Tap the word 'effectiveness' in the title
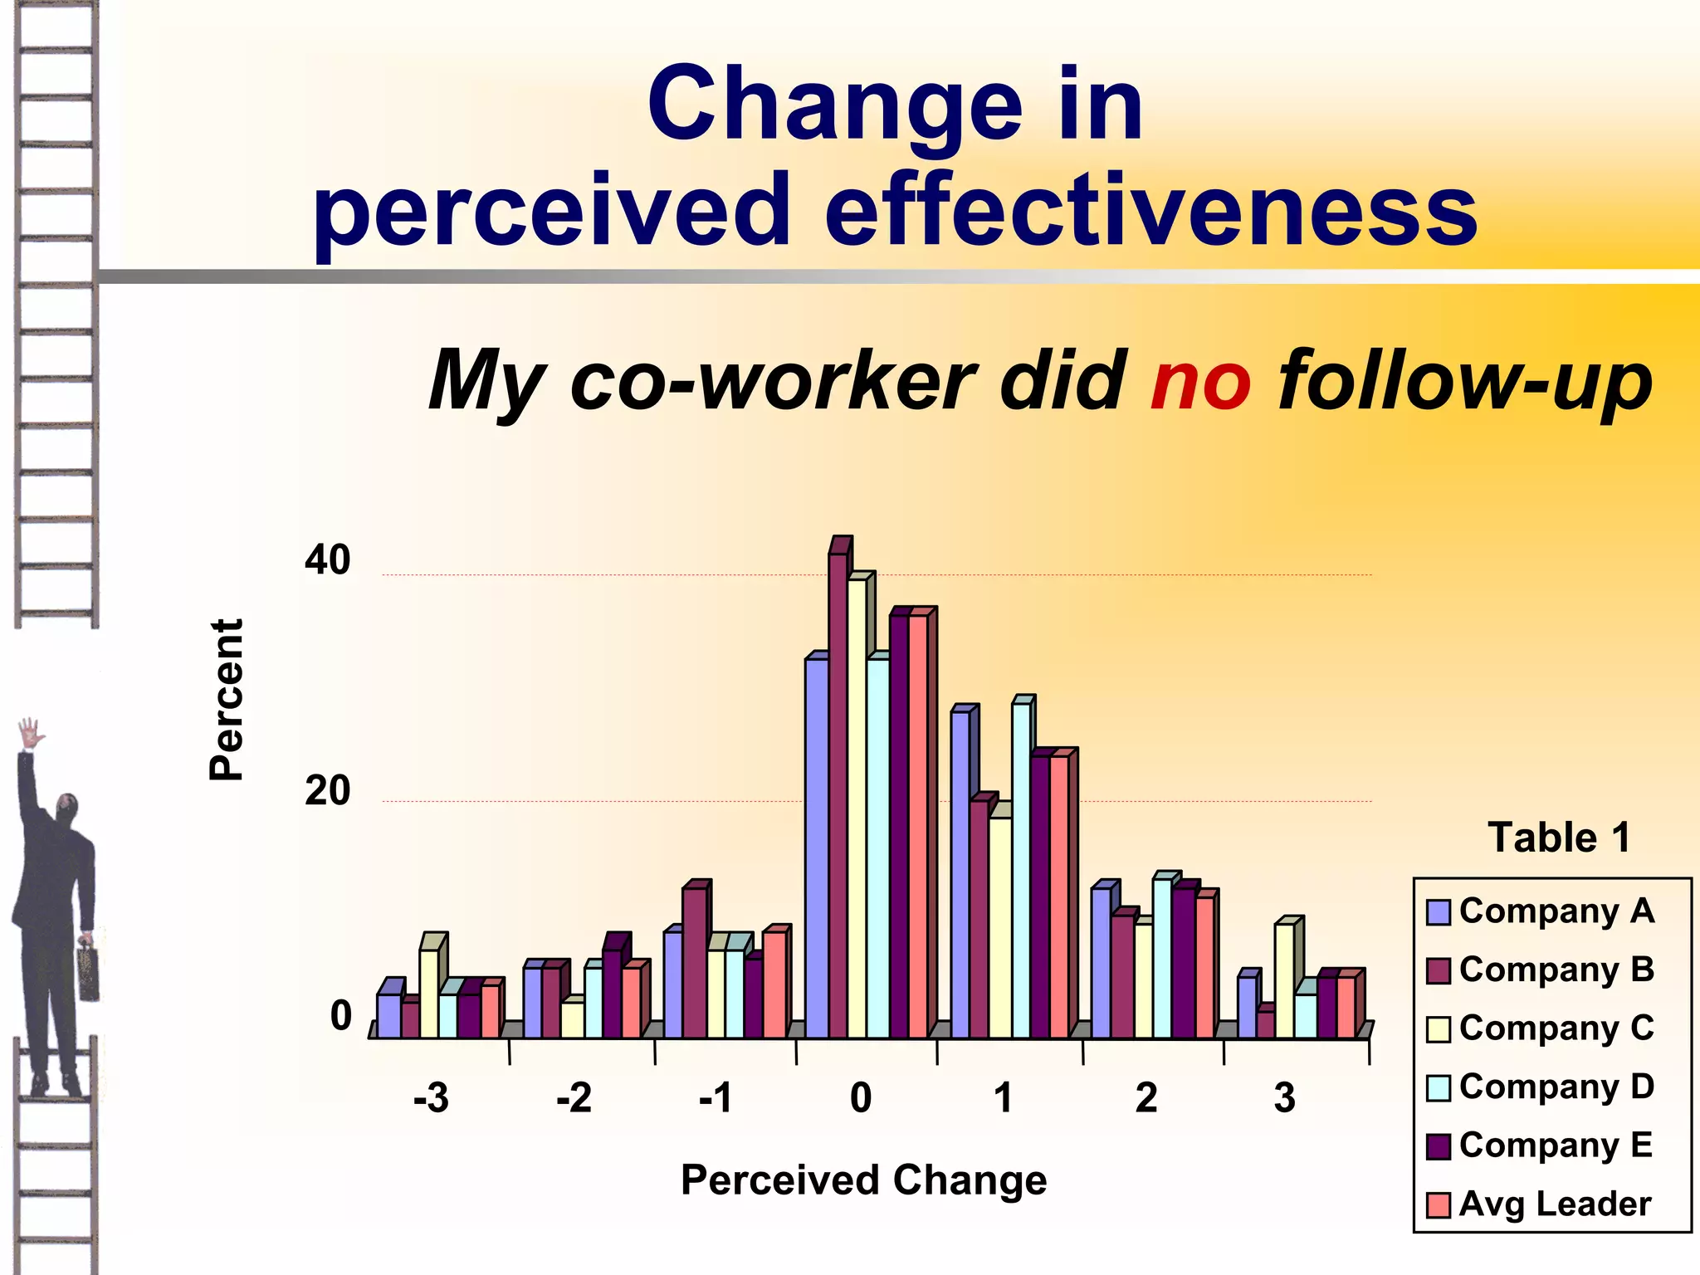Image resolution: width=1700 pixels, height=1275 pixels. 1150,209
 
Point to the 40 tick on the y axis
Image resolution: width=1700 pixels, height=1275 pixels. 327,560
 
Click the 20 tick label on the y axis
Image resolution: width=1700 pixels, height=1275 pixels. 327,790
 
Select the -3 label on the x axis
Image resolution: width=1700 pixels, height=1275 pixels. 431,1097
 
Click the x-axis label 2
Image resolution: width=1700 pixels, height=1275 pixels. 1146,1097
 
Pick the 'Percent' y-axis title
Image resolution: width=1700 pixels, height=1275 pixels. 226,699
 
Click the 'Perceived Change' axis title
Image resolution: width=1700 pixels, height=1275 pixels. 863,1180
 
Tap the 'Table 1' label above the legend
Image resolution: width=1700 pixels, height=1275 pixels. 1558,837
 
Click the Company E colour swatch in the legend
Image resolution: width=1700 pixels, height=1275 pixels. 1438,1146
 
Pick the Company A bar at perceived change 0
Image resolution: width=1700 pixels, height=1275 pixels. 815,847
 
